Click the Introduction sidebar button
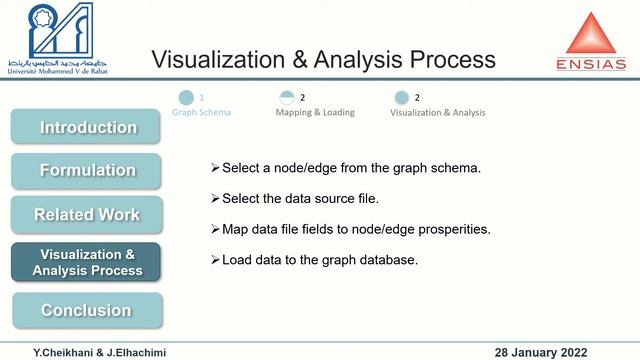(87, 127)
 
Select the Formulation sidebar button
(87, 170)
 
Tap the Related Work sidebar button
(87, 214)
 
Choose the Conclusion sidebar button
(87, 310)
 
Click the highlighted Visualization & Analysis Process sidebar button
(87, 262)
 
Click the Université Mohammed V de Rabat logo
(56, 38)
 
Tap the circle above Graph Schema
(186, 98)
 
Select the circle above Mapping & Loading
(288, 98)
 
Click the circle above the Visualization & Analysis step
(401, 98)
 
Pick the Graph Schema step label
(202, 112)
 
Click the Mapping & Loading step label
(315, 112)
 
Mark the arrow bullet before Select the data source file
(215, 198)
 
